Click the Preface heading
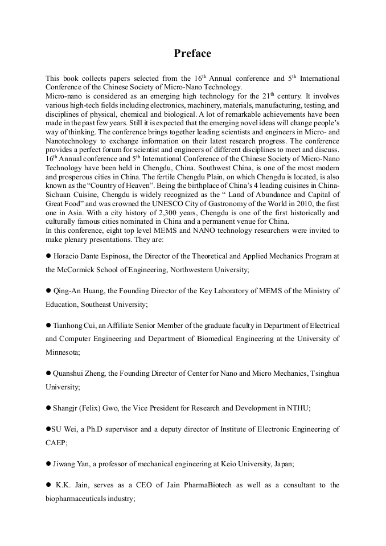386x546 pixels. [x=192, y=54]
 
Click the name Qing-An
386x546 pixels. [x=69, y=291]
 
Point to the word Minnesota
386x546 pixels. [x=63, y=352]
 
